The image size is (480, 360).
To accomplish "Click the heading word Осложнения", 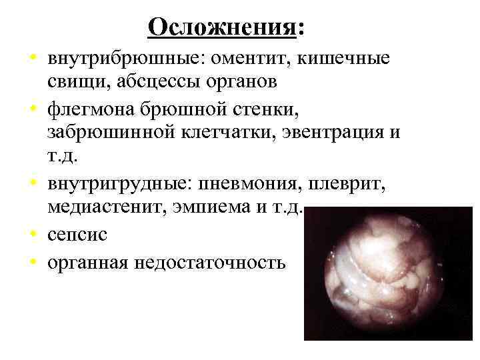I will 221,27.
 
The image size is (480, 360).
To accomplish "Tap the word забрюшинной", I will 111,133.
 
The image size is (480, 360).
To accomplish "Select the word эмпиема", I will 201,209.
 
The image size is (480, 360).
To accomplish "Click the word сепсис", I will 77,235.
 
